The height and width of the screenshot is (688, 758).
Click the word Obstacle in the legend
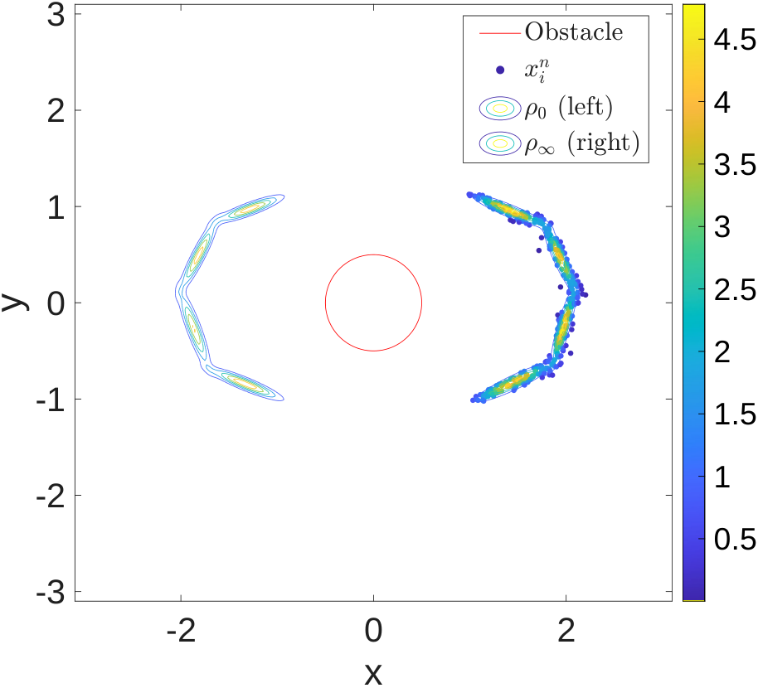(x=574, y=32)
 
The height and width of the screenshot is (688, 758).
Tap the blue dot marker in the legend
(x=500, y=70)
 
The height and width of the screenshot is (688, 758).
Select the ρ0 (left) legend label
(x=569, y=107)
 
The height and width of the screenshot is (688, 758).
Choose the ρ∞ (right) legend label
(x=582, y=143)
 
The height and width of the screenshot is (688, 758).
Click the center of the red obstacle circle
(x=374, y=303)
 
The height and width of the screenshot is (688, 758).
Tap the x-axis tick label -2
(x=181, y=631)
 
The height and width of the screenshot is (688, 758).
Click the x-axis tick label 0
(x=373, y=631)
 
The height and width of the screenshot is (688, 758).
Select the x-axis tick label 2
(x=566, y=631)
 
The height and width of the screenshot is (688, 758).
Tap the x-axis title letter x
(x=373, y=673)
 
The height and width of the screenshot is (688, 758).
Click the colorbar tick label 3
(x=722, y=227)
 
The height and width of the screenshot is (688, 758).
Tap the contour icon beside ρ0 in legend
(x=500, y=108)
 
